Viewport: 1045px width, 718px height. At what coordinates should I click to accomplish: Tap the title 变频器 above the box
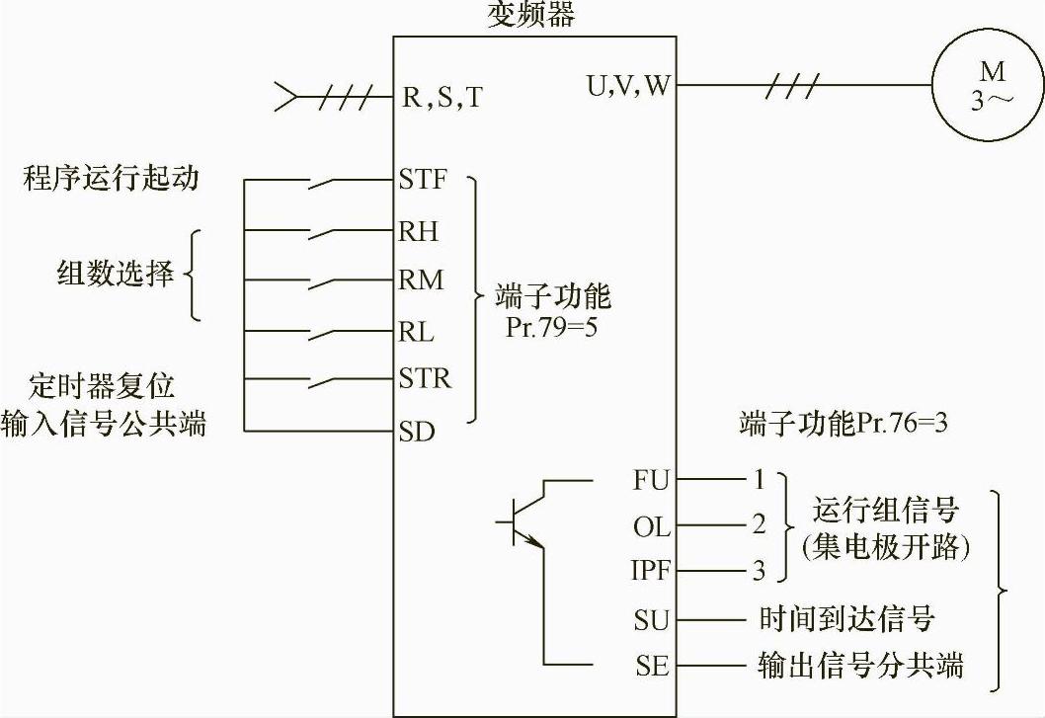point(532,15)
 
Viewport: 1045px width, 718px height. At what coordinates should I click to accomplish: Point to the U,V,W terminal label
point(628,86)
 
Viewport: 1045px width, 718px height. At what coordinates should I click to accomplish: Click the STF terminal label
point(423,181)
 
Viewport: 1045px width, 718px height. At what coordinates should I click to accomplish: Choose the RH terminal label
point(419,232)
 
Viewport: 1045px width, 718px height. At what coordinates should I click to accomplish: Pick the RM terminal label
point(421,281)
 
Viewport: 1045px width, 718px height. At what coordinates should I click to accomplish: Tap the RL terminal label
point(417,331)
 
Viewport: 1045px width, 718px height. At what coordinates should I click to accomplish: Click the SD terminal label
point(417,432)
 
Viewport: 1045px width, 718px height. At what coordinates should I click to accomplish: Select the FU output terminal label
point(651,480)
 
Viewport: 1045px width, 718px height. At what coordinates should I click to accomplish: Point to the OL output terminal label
point(651,526)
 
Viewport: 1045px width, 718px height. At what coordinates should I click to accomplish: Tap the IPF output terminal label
point(649,571)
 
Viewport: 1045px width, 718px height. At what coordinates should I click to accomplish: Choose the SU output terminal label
point(651,619)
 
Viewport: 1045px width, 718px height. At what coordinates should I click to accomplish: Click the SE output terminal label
point(651,665)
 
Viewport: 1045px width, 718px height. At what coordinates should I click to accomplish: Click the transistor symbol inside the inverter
point(523,521)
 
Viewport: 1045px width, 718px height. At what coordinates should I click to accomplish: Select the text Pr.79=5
point(551,326)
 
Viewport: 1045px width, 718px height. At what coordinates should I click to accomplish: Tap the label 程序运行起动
point(111,178)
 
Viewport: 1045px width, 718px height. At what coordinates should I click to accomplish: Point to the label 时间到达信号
point(846,619)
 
